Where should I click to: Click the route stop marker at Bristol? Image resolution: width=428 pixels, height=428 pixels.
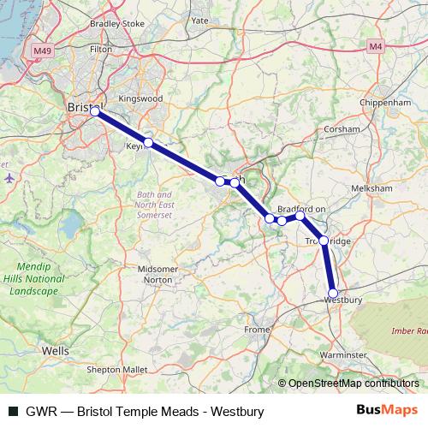tap(94, 111)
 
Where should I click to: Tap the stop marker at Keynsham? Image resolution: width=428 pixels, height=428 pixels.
tap(148, 142)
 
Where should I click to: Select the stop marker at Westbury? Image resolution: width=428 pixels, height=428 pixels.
tap(333, 293)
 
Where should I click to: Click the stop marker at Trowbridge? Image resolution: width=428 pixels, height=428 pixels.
tap(324, 240)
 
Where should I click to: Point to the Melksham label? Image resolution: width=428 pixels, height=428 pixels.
tap(373, 189)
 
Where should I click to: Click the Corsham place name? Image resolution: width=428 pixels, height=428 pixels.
tap(341, 129)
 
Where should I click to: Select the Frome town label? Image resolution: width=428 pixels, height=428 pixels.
tap(256, 329)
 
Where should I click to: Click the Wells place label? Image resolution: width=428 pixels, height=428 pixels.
tap(55, 351)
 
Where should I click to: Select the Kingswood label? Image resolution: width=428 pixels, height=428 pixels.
tap(140, 98)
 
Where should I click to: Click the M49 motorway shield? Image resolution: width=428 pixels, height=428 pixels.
tap(44, 51)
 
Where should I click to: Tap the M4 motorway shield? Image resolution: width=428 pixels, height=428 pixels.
tap(375, 45)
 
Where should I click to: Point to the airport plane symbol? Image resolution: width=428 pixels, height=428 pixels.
tap(9, 178)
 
